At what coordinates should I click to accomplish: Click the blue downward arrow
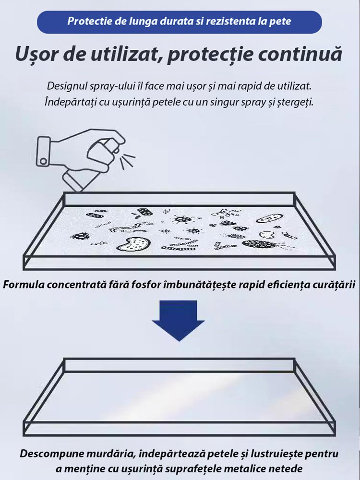tap(179, 320)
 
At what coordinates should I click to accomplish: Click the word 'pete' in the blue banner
tap(280, 22)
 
